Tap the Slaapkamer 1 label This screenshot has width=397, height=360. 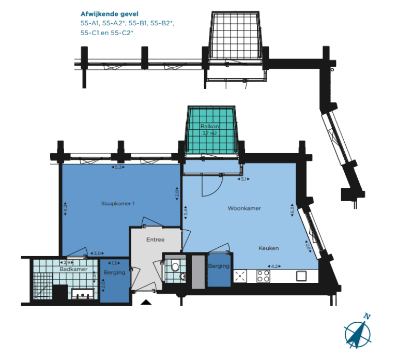(x=118, y=204)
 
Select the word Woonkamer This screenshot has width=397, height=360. (x=244, y=208)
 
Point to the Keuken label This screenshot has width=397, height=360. (x=269, y=248)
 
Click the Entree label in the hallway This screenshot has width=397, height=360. (x=155, y=239)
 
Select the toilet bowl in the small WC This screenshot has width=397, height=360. (x=175, y=267)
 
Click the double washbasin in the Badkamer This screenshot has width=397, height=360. (x=83, y=295)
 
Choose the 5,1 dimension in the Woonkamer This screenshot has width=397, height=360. (x=245, y=179)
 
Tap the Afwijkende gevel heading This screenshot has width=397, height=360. (x=110, y=14)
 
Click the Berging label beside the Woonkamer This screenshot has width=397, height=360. (x=219, y=266)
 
